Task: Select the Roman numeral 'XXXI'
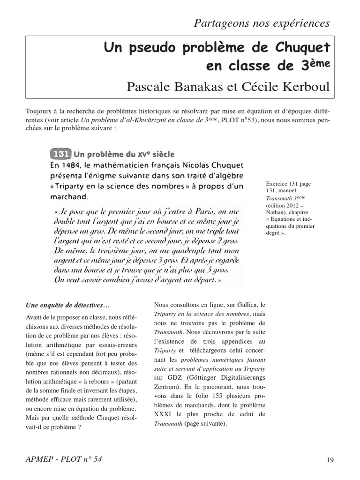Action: tap(165, 414)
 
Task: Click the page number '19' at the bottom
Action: tap(330, 460)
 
